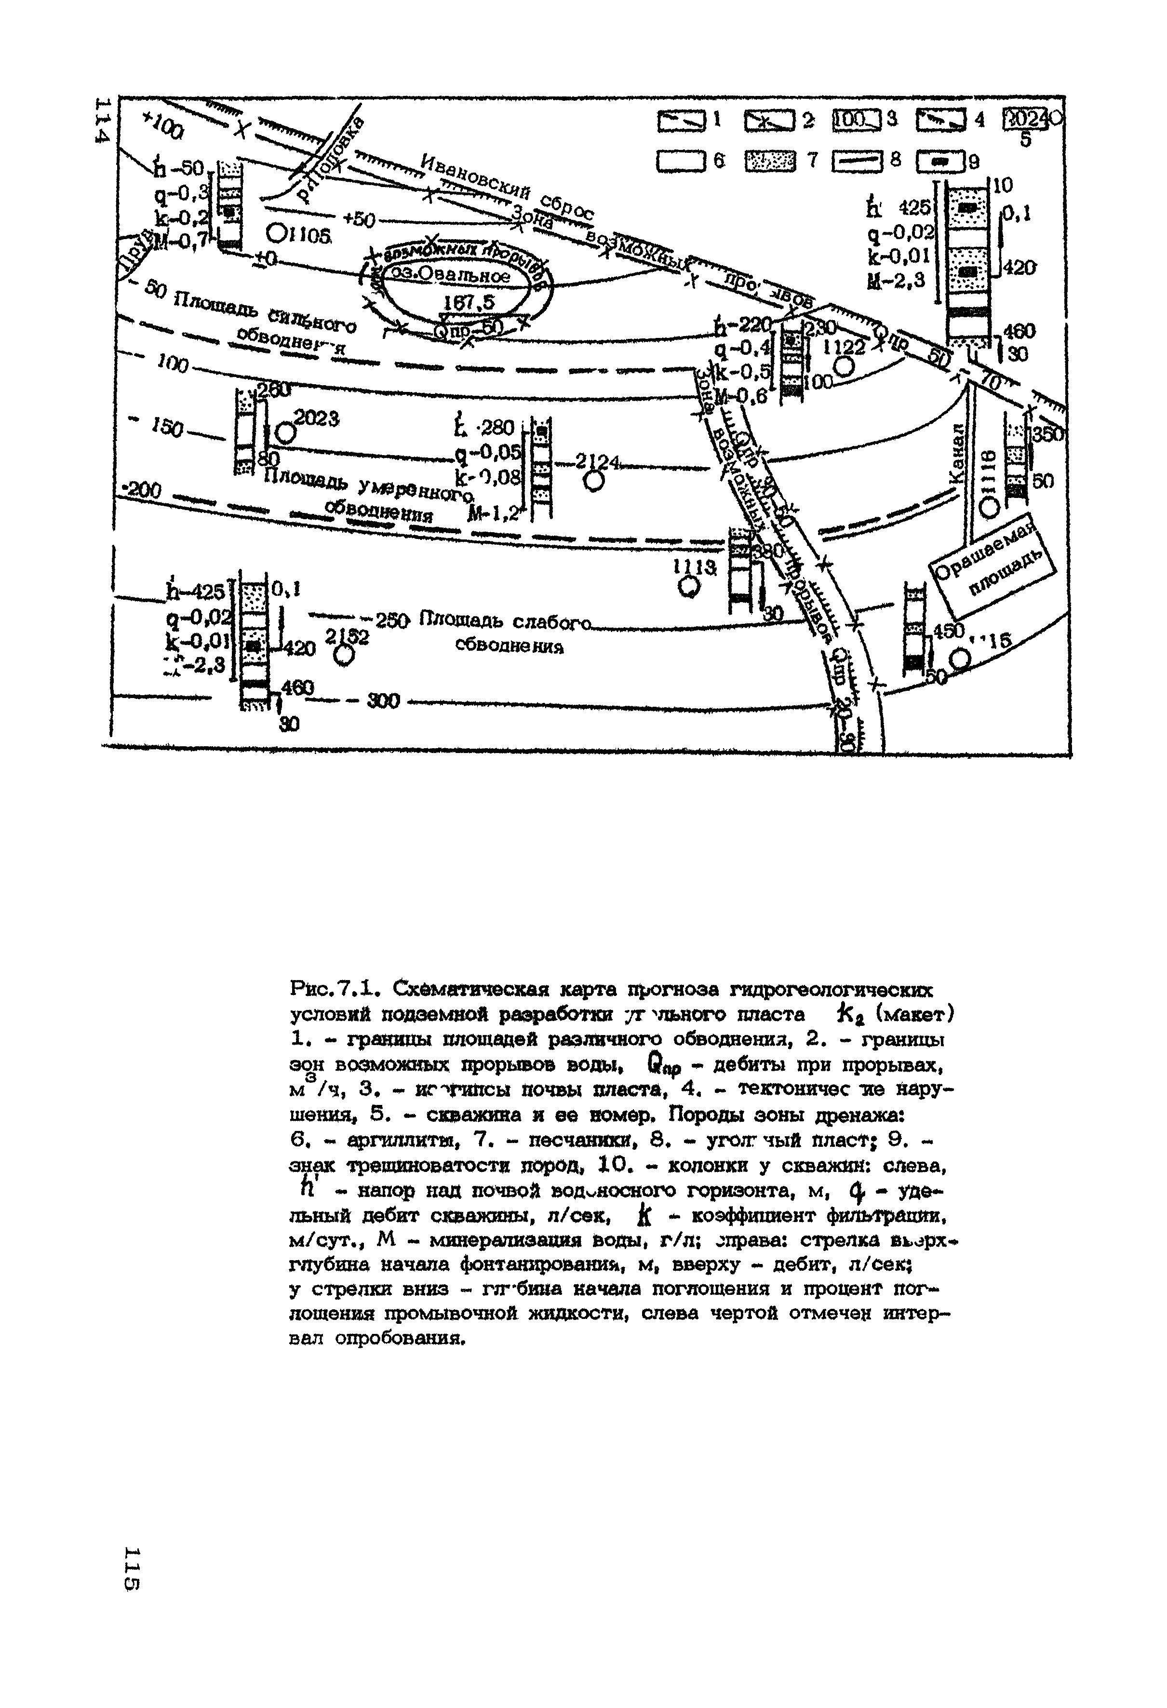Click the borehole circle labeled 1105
click(x=277, y=233)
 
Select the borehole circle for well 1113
click(x=689, y=587)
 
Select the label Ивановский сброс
click(x=507, y=188)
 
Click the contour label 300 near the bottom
click(x=382, y=702)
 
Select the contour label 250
click(x=392, y=620)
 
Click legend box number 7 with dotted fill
click(x=771, y=161)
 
